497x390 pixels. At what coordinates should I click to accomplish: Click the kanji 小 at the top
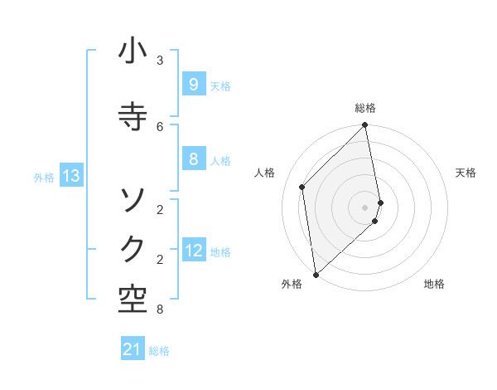point(133,52)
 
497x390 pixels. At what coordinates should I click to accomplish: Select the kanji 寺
point(133,115)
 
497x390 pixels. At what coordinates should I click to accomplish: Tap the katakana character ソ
point(133,199)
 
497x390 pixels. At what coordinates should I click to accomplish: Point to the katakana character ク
point(133,248)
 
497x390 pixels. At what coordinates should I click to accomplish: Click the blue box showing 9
point(193,85)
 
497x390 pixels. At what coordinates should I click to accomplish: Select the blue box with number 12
point(193,251)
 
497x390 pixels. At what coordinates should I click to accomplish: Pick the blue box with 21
point(133,350)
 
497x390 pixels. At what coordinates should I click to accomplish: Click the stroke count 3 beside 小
point(160,61)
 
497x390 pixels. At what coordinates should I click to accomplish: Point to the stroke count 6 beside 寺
point(160,126)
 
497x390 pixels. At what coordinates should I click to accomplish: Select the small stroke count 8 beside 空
point(160,310)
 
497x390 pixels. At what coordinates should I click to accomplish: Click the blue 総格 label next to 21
point(159,351)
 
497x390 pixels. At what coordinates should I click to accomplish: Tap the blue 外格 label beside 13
point(44,177)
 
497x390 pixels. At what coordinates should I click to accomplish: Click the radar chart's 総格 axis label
point(365,108)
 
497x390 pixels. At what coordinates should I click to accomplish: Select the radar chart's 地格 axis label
point(434,285)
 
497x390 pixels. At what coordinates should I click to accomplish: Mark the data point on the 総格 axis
point(365,125)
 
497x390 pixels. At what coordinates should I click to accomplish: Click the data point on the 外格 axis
point(316,274)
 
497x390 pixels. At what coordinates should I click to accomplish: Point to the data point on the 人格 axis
point(302,187)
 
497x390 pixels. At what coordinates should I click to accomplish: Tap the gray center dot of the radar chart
point(365,207)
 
